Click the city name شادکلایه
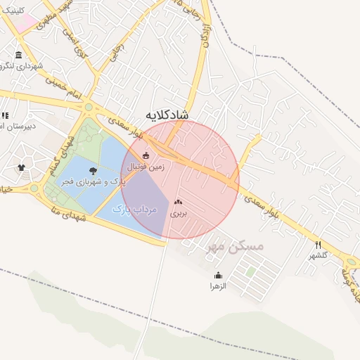click(x=167, y=114)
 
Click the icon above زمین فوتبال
click(x=146, y=155)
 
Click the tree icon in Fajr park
click(x=93, y=170)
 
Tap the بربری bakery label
click(x=179, y=212)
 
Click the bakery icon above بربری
click(x=178, y=201)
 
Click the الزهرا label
click(x=218, y=286)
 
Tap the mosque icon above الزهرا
click(x=218, y=275)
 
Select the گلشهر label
click(x=319, y=255)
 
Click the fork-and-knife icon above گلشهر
click(x=319, y=244)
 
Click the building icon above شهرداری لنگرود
click(x=18, y=55)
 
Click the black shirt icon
click(x=20, y=168)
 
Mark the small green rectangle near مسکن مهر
click(x=250, y=271)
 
